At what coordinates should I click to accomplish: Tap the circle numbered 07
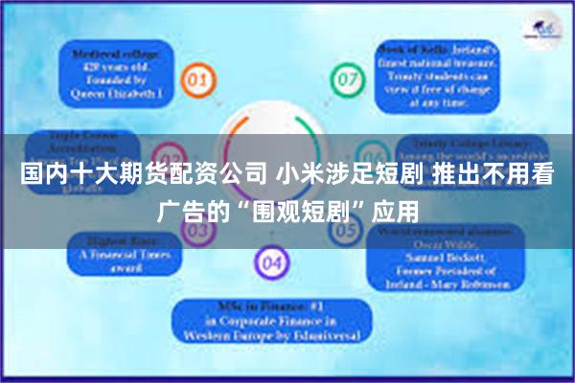click(x=344, y=78)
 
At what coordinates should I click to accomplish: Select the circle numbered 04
click(x=271, y=260)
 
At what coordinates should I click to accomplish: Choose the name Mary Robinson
click(x=471, y=285)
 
